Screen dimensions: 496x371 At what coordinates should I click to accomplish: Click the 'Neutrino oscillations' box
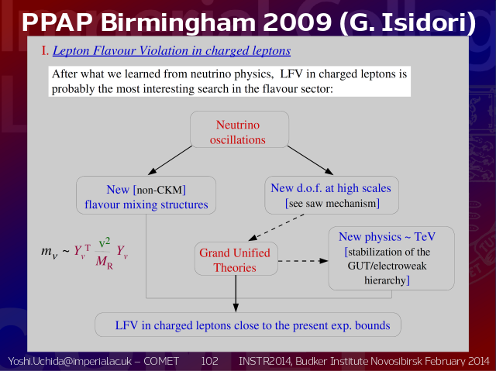pyautogui.click(x=239, y=129)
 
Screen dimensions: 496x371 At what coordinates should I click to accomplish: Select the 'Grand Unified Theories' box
pyautogui.click(x=236, y=259)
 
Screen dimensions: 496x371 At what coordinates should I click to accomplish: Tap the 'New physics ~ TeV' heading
pyautogui.click(x=387, y=237)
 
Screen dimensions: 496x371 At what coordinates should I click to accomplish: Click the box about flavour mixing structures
pyautogui.click(x=146, y=195)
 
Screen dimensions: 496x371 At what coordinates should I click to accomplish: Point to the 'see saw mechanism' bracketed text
pyautogui.click(x=332, y=203)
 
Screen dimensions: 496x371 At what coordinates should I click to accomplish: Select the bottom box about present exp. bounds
pyautogui.click(x=248, y=325)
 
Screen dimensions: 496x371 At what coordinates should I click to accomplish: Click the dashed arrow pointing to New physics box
pyautogui.click(x=303, y=261)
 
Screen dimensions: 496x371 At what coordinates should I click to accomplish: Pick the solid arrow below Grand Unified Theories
pyautogui.click(x=236, y=294)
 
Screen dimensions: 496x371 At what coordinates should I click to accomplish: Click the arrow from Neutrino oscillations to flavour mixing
pyautogui.click(x=170, y=160)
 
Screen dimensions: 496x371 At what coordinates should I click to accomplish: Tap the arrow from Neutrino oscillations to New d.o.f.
pyautogui.click(x=310, y=160)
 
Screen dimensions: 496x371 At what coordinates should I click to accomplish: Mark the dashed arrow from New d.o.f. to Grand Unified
pyautogui.click(x=276, y=228)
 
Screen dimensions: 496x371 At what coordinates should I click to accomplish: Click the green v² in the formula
pyautogui.click(x=105, y=242)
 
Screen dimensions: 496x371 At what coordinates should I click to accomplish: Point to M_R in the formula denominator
pyautogui.click(x=104, y=262)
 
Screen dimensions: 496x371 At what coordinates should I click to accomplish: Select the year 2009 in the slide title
pyautogui.click(x=297, y=22)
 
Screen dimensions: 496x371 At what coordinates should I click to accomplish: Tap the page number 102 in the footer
pyautogui.click(x=209, y=361)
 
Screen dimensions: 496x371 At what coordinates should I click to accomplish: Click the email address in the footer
pyautogui.click(x=70, y=361)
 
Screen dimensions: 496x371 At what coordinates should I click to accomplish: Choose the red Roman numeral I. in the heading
pyautogui.click(x=45, y=51)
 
